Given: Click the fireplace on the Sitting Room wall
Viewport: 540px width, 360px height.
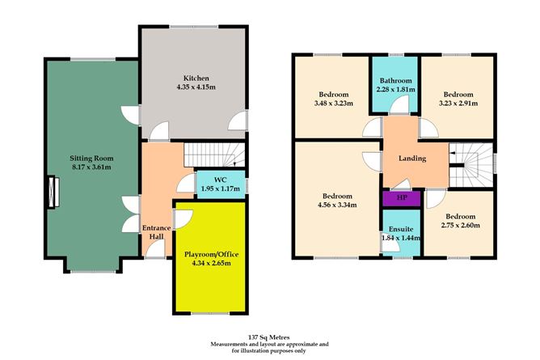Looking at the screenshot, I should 53,193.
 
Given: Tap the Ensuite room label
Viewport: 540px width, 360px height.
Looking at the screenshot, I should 395,229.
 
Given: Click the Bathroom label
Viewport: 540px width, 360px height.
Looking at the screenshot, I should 394,82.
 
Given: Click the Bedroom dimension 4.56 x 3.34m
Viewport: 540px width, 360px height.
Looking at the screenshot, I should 337,205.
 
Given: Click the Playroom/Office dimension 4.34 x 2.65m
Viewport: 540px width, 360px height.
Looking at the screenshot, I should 208,263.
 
